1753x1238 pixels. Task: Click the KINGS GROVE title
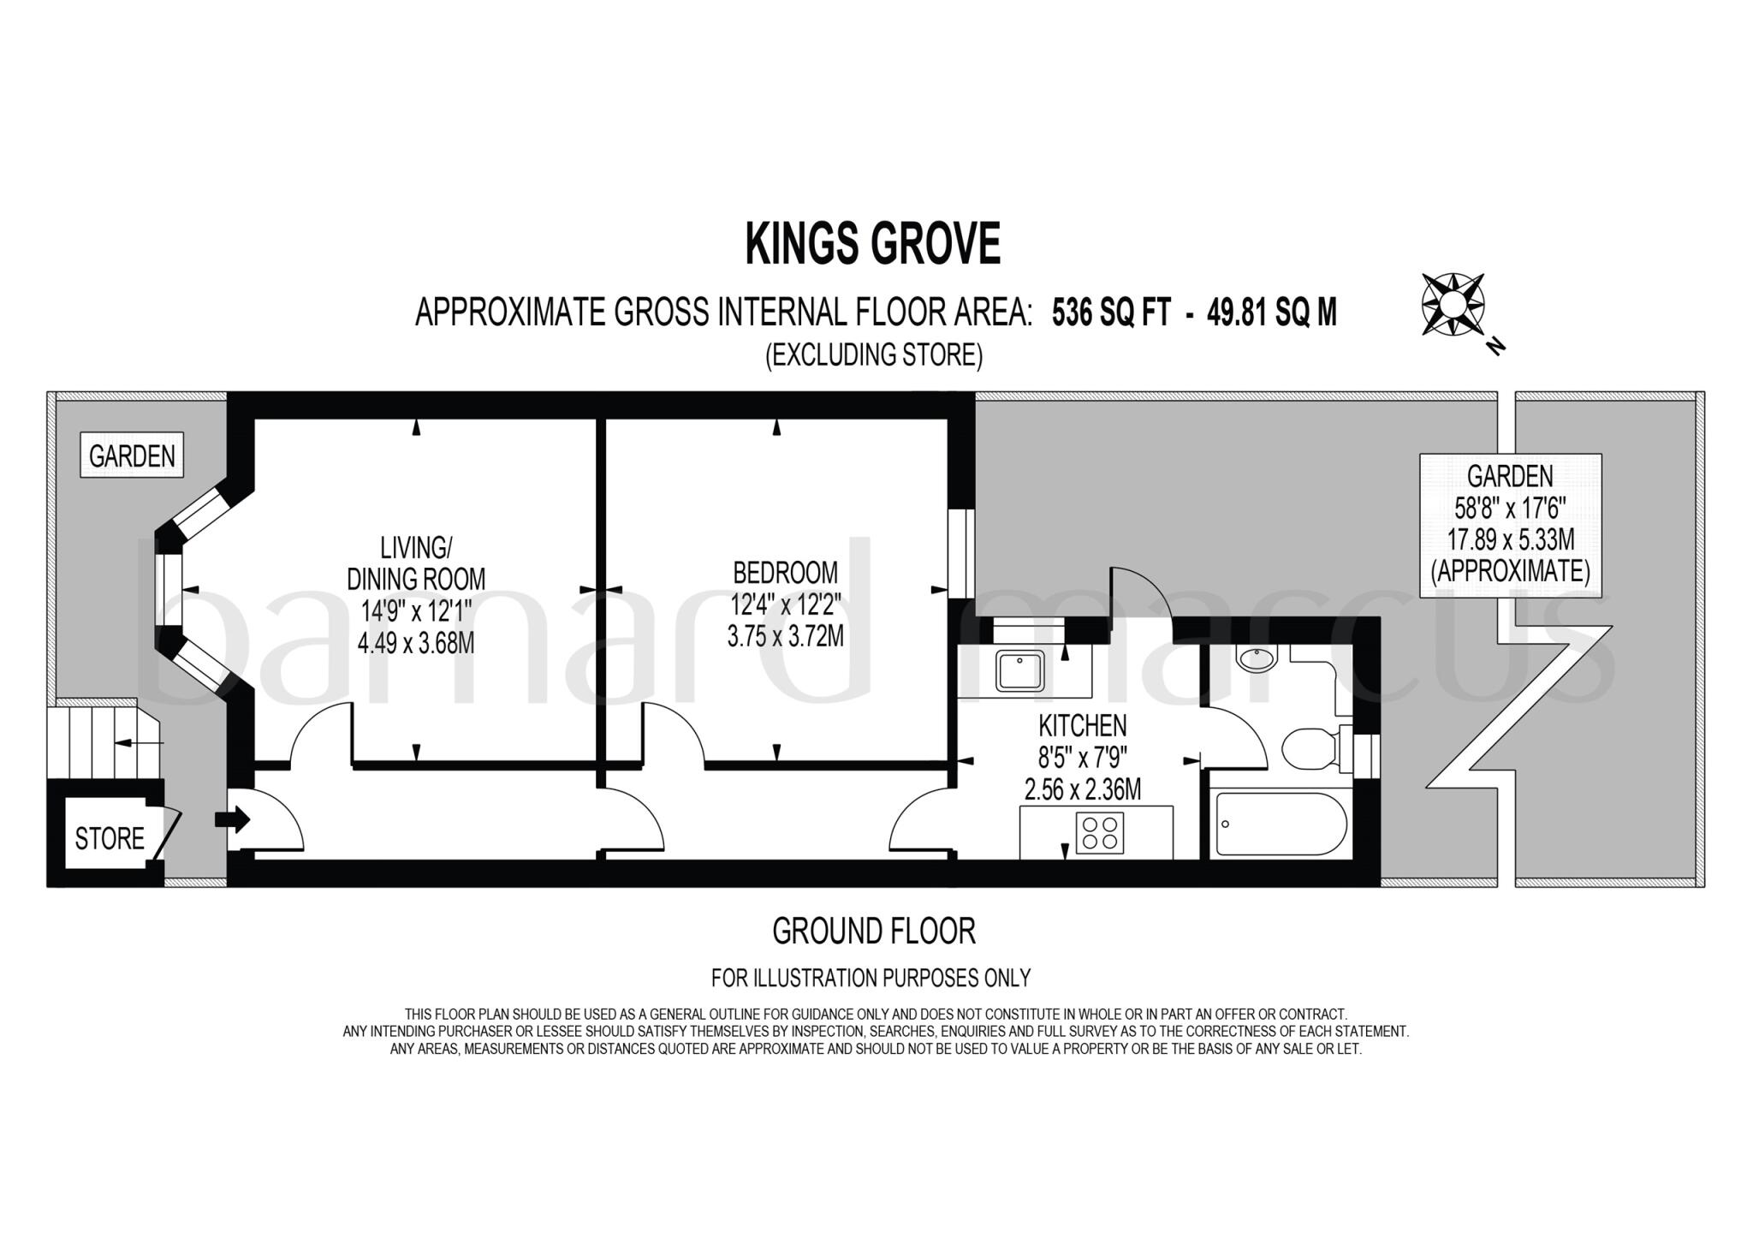click(872, 244)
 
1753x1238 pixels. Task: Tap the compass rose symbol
click(1453, 304)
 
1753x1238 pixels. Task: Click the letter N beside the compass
click(1495, 346)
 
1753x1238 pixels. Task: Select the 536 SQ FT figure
click(1110, 313)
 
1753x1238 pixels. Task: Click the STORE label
click(110, 838)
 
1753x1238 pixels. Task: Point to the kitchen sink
click(1019, 670)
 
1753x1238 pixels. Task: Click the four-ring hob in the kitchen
click(1100, 832)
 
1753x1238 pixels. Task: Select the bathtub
click(1280, 823)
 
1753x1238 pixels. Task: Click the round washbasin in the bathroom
click(1256, 658)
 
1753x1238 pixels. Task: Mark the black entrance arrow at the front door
click(232, 819)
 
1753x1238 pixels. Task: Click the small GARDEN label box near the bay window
click(132, 455)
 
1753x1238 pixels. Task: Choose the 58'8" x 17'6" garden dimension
click(1510, 509)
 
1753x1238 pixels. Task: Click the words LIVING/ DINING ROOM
click(416, 562)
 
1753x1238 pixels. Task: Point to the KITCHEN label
click(1082, 726)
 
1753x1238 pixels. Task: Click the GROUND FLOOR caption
click(873, 931)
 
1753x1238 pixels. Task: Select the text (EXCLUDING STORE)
click(873, 354)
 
